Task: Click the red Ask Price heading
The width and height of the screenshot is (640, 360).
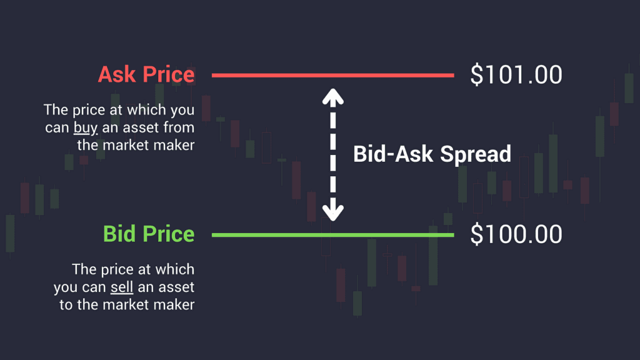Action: click(146, 75)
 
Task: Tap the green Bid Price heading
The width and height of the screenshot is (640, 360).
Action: click(149, 234)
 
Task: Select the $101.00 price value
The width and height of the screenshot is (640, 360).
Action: click(516, 75)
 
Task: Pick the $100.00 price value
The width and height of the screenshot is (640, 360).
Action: click(516, 234)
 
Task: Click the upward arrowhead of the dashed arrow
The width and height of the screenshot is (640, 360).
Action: click(333, 96)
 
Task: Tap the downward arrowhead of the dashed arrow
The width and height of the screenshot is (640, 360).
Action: click(333, 212)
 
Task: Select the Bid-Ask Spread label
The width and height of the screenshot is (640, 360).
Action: click(432, 154)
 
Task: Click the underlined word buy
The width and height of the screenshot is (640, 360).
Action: click(85, 127)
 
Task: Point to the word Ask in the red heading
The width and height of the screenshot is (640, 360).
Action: click(117, 75)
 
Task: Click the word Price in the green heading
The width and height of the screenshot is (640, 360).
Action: click(169, 234)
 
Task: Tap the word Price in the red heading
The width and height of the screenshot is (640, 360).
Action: click(169, 75)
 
